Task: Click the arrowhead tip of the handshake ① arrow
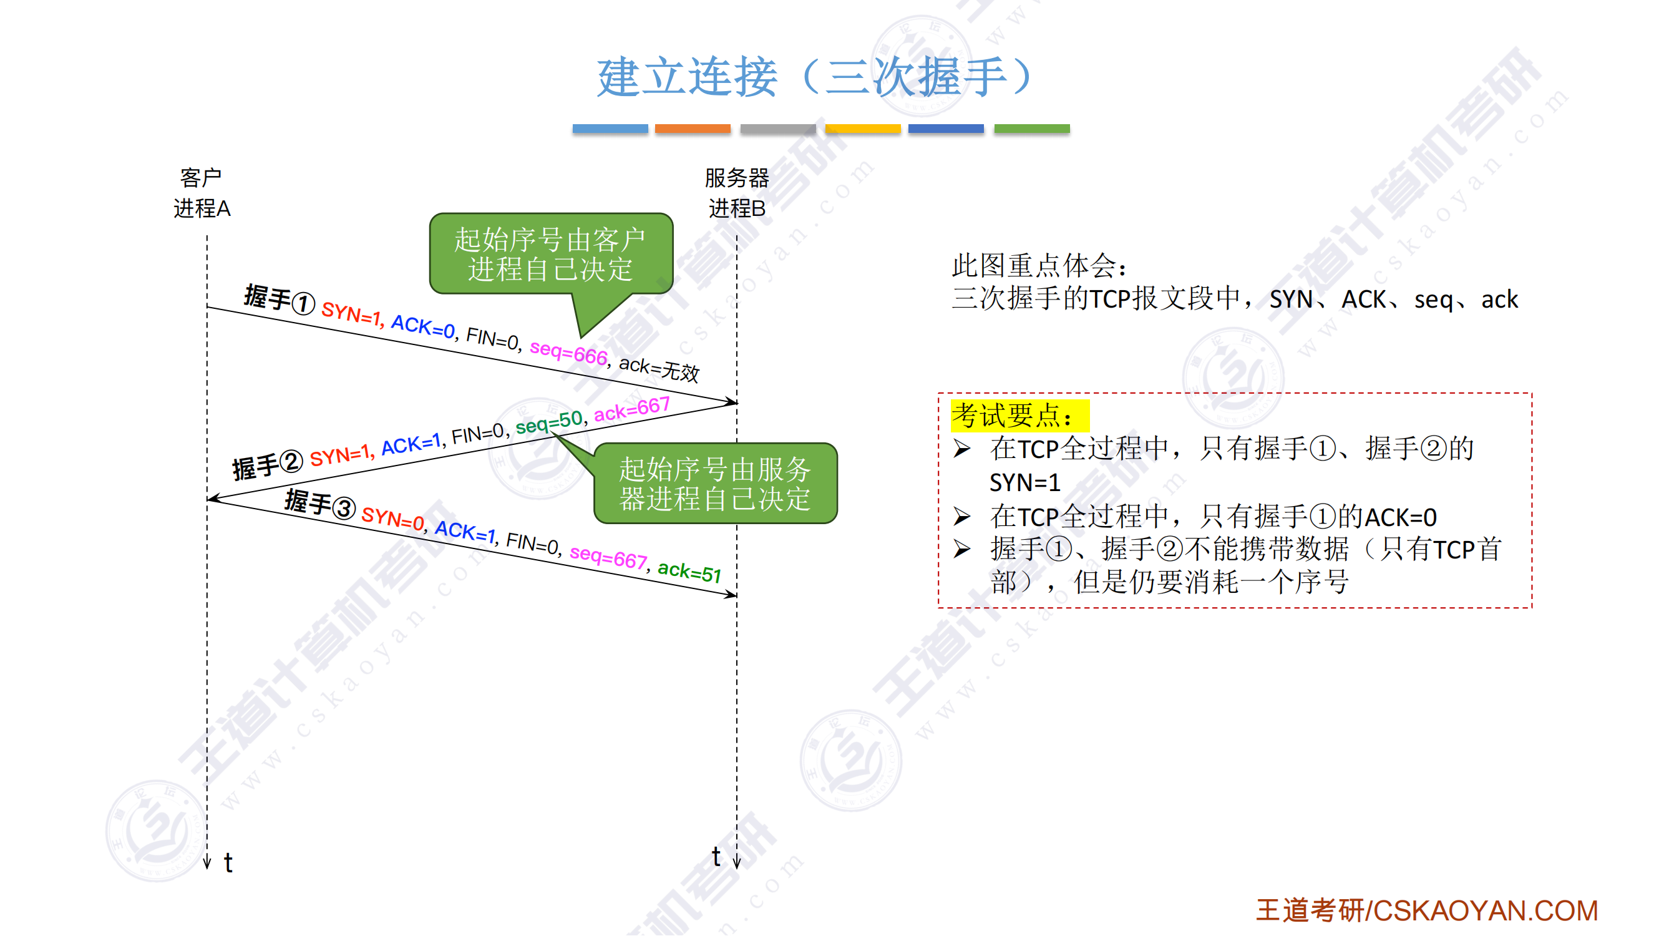click(737, 403)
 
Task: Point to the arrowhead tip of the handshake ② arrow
click(207, 499)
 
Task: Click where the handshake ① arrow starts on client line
click(207, 307)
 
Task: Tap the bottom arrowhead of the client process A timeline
click(207, 867)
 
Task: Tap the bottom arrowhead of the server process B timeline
click(737, 867)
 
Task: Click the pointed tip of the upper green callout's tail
click(581, 337)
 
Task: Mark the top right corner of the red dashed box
click(1532, 393)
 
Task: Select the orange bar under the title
click(693, 129)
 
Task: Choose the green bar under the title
click(1031, 129)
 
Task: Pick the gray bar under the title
click(778, 129)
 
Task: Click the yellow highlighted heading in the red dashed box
click(1020, 416)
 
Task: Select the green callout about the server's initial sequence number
click(715, 482)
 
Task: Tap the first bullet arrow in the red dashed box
click(962, 448)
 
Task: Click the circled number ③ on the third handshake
click(344, 509)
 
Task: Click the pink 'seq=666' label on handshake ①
click(568, 353)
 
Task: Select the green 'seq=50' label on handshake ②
click(549, 422)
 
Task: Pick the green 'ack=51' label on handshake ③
click(689, 572)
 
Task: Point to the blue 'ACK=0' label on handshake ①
click(423, 326)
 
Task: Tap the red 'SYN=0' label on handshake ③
click(392, 519)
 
